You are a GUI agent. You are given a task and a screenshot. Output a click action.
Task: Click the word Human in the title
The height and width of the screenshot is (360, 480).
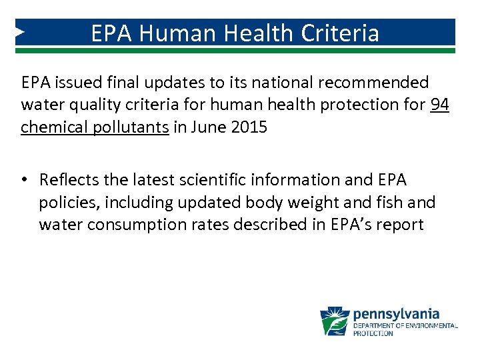(174, 33)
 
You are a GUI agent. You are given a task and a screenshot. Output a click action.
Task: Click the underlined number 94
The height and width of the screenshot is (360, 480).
(439, 105)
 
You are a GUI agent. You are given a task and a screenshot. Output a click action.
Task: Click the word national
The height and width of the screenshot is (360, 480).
(277, 82)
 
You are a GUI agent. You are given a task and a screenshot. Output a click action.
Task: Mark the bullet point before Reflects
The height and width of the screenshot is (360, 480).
(25, 180)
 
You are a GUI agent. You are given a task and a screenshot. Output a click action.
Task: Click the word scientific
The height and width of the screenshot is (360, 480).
(208, 180)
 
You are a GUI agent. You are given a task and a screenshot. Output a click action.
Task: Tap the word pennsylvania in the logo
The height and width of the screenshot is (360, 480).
(396, 313)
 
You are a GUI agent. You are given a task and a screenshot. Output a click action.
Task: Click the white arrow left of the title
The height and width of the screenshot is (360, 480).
(21, 32)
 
